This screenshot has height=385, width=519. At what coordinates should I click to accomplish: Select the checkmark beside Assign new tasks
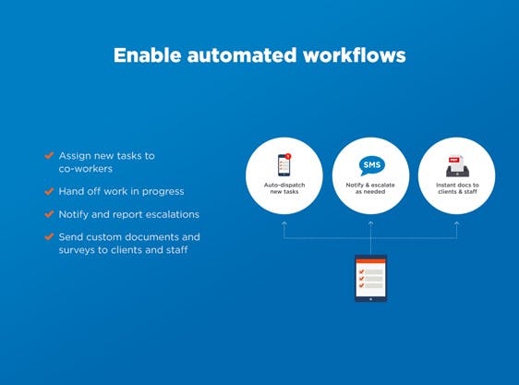tap(49, 156)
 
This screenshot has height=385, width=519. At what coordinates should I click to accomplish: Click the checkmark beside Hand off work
tap(49, 191)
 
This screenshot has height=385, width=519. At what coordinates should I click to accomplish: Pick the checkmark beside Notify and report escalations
tap(49, 214)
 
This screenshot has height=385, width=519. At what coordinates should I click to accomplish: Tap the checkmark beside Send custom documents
tap(49, 237)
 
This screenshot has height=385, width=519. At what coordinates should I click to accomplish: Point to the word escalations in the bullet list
tap(166, 214)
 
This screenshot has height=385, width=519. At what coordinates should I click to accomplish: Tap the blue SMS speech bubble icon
tap(370, 166)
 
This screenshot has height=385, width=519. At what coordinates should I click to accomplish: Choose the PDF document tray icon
tap(457, 166)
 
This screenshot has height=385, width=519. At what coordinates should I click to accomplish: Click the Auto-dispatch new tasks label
tap(284, 189)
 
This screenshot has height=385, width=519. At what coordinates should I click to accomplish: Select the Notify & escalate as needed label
tap(370, 189)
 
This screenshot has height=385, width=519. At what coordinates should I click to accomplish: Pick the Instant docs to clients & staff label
tap(457, 189)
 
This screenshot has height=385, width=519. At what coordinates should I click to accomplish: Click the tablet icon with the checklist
tap(370, 278)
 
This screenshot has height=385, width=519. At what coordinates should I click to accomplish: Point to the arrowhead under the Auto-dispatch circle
tap(284, 223)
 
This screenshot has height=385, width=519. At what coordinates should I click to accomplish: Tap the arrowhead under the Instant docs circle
tap(457, 223)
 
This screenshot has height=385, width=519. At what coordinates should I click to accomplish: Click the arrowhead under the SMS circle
tap(370, 223)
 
